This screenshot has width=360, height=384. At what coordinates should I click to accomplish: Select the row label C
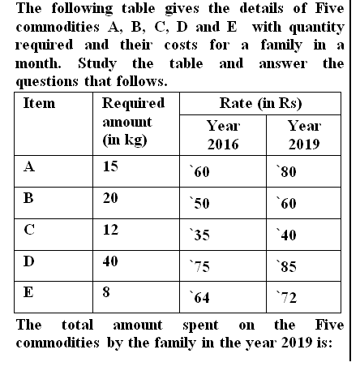click(30, 230)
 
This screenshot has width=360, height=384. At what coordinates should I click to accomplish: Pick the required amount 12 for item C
click(111, 230)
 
